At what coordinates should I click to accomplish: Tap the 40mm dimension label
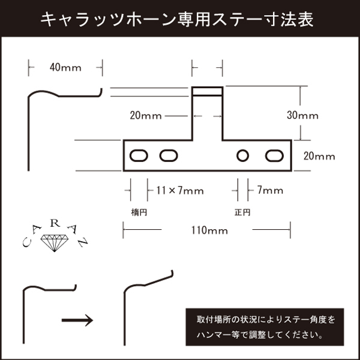pos(64,67)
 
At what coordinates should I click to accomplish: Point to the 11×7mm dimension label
pos(180,191)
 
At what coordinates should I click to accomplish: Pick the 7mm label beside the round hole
pos(270,191)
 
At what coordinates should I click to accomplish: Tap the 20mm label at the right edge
pos(319,156)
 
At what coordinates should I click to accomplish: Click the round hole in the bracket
pos(242,156)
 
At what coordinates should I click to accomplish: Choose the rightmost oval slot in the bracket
pos(274,156)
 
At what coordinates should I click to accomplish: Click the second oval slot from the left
pos(169,156)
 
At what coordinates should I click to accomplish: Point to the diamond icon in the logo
pos(55,244)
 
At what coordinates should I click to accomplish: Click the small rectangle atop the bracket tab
pos(207,92)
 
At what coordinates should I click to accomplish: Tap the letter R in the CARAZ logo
pos(55,223)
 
